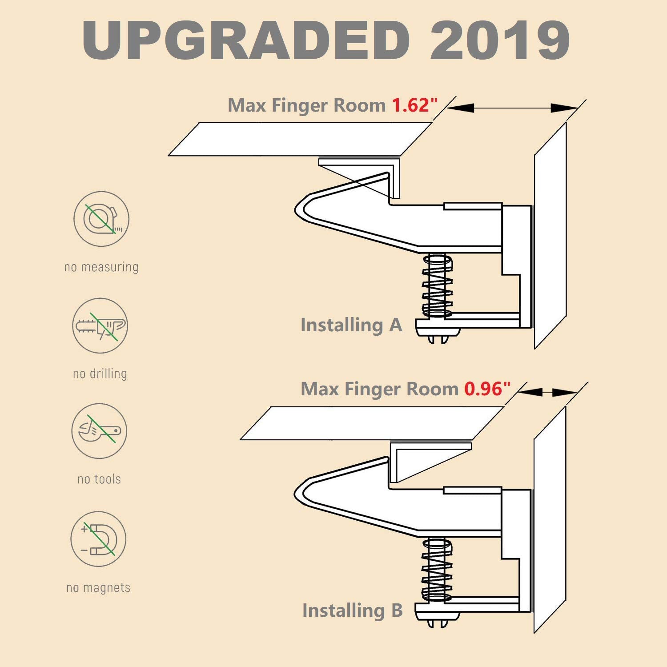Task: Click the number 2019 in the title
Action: click(x=500, y=40)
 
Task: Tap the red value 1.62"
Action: click(x=414, y=105)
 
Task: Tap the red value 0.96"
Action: click(x=487, y=389)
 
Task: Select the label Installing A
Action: click(x=351, y=325)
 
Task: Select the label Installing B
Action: click(x=352, y=610)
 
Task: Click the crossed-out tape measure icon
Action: click(x=101, y=219)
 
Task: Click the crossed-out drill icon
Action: click(x=100, y=325)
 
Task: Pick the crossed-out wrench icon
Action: click(x=99, y=431)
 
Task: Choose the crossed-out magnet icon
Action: click(x=98, y=539)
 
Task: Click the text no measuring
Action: click(x=101, y=267)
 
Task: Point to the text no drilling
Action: click(x=100, y=374)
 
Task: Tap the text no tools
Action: click(x=99, y=479)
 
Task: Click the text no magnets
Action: click(x=98, y=587)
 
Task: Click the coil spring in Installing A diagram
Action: click(x=438, y=285)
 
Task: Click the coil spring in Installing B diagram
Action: click(x=437, y=570)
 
